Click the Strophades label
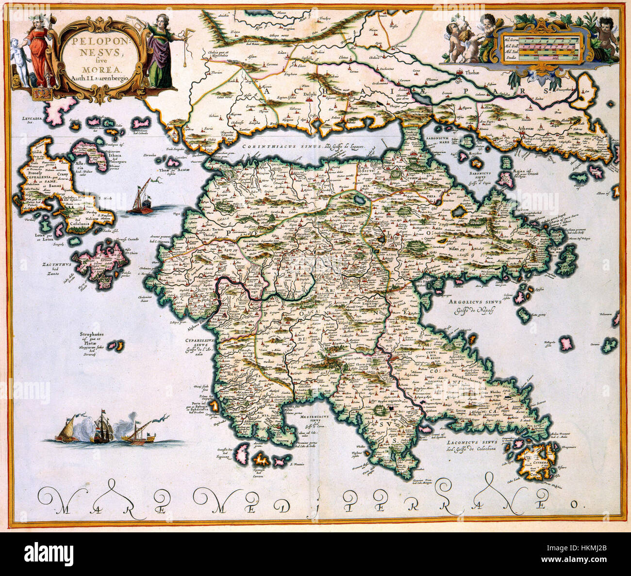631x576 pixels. (94, 334)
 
